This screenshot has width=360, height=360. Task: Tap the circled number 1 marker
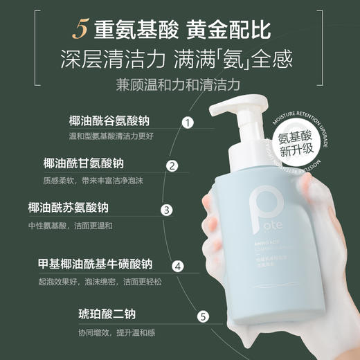pyautogui.click(x=186, y=123)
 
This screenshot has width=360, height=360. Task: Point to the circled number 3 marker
pyautogui.click(x=166, y=210)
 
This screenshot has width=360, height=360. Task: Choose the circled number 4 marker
pyautogui.click(x=177, y=265)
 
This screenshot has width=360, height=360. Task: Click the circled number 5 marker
pyautogui.click(x=203, y=317)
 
